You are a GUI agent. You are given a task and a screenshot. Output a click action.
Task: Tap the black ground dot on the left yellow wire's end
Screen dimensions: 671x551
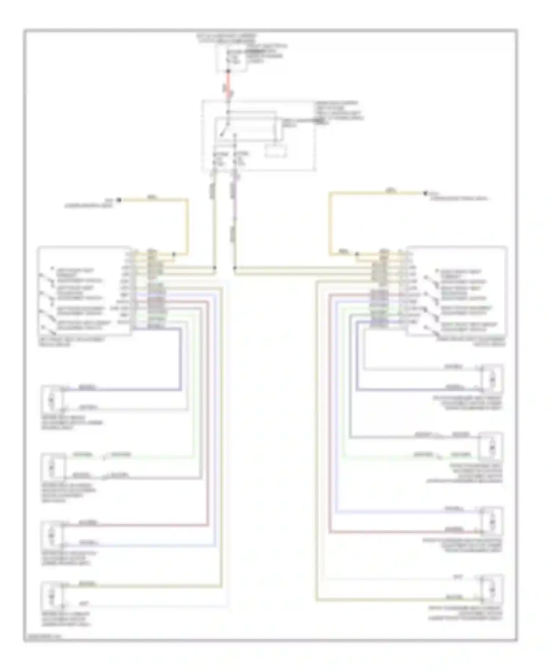(119, 200)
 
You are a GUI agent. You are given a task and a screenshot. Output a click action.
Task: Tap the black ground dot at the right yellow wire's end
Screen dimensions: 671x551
(425, 193)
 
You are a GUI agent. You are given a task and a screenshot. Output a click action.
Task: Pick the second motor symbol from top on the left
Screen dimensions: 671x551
(51, 467)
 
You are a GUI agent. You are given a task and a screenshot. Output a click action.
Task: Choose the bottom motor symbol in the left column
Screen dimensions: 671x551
(51, 597)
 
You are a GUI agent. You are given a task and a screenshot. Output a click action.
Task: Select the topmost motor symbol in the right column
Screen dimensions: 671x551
(491, 378)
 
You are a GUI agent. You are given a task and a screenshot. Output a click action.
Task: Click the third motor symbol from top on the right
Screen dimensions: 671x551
(491, 521)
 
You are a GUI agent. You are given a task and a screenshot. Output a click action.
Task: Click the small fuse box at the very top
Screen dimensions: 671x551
(231, 59)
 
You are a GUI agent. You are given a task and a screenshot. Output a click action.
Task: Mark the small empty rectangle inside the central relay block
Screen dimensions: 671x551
(276, 151)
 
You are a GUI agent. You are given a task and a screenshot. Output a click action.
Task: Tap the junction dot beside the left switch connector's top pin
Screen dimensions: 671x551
(174, 254)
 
